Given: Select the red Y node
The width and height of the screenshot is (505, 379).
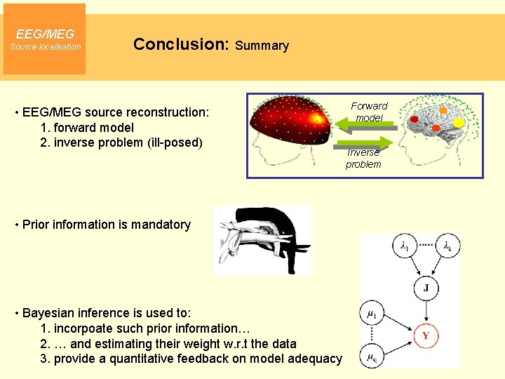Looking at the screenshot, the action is [425, 335].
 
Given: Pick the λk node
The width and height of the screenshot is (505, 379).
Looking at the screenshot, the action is [447, 246].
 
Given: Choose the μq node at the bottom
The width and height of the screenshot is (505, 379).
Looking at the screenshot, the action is [371, 357].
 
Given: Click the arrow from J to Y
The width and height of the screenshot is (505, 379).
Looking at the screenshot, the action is [425, 311].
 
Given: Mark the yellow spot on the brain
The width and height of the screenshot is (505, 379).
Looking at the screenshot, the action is [459, 122].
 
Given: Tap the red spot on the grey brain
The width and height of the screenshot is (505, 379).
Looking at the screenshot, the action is [415, 119].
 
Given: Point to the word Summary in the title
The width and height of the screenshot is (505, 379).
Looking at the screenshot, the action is [262, 46].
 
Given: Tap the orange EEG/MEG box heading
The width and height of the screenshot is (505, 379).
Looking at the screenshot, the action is [45, 34].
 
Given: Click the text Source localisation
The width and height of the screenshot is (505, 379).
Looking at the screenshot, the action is [45, 47].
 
